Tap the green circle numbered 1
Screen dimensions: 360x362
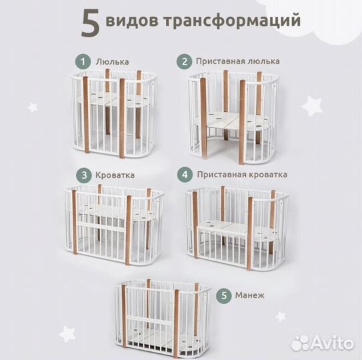coord(83,61)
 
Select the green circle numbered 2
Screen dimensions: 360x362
coord(183,61)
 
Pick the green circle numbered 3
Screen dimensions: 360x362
coord(83,175)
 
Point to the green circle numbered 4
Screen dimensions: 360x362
coord(184,175)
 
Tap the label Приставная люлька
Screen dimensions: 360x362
coord(237,61)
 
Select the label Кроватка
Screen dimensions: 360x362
coord(115,175)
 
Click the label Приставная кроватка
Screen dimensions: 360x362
coord(242,175)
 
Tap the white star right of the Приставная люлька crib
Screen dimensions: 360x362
coord(311,105)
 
